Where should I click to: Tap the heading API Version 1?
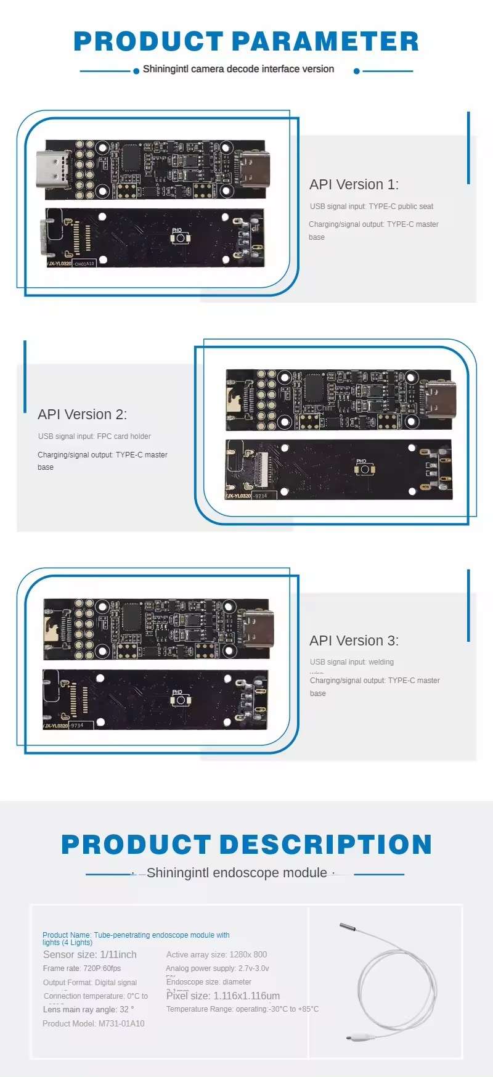354,184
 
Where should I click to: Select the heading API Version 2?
82,414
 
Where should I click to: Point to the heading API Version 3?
354,641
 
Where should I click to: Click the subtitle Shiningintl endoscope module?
237,873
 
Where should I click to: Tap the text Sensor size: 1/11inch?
90,954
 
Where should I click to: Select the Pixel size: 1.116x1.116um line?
223,996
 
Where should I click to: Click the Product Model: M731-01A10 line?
94,1023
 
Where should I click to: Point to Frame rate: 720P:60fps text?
82,968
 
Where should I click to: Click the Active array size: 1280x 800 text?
216,954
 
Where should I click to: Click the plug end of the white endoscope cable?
357,1038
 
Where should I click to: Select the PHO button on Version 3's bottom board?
179,700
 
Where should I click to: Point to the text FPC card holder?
124,436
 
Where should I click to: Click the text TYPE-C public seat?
401,207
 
